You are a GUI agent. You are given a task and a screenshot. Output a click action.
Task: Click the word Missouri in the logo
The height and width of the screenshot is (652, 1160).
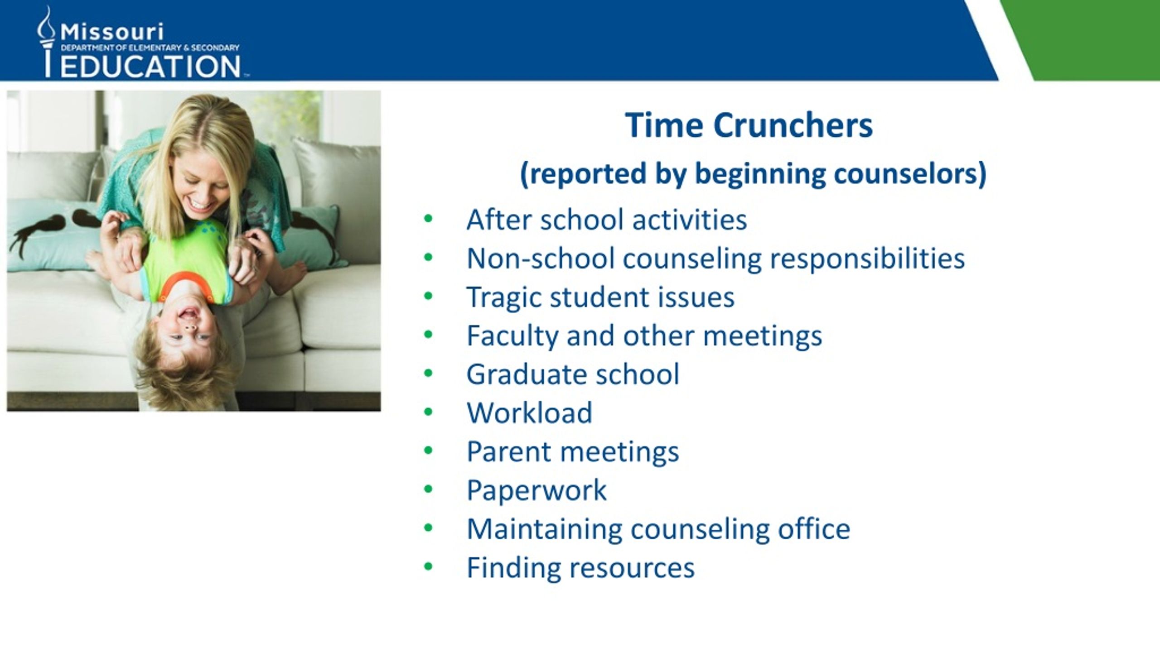point(112,32)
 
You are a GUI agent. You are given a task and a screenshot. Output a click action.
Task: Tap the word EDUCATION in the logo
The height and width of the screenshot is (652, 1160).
point(150,66)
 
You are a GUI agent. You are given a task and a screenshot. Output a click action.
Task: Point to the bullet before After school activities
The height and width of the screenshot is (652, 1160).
point(428,219)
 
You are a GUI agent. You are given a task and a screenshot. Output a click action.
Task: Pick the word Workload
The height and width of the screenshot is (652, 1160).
point(529,412)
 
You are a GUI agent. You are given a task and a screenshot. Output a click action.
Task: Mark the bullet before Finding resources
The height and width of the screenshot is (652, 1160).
point(428,566)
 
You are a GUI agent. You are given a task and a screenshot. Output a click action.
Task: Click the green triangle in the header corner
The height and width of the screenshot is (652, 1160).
point(1087,40)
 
